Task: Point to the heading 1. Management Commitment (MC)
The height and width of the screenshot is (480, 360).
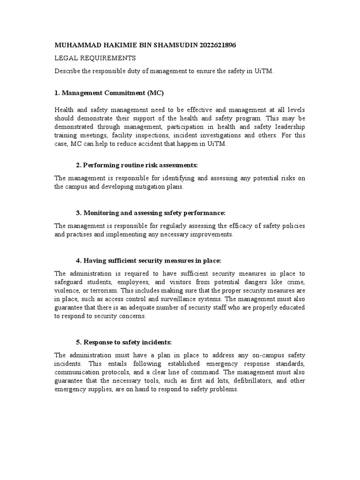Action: click(x=109, y=93)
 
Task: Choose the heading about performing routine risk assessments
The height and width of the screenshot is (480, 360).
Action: click(x=137, y=166)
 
